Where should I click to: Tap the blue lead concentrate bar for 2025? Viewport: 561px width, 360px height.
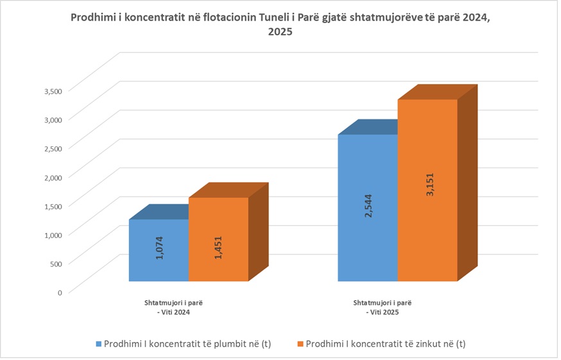pyautogui.click(x=368, y=244)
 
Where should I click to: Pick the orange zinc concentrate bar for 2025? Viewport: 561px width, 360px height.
pyautogui.click(x=427, y=244)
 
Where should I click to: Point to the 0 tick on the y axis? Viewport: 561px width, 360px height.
pyautogui.click(x=60, y=292)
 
